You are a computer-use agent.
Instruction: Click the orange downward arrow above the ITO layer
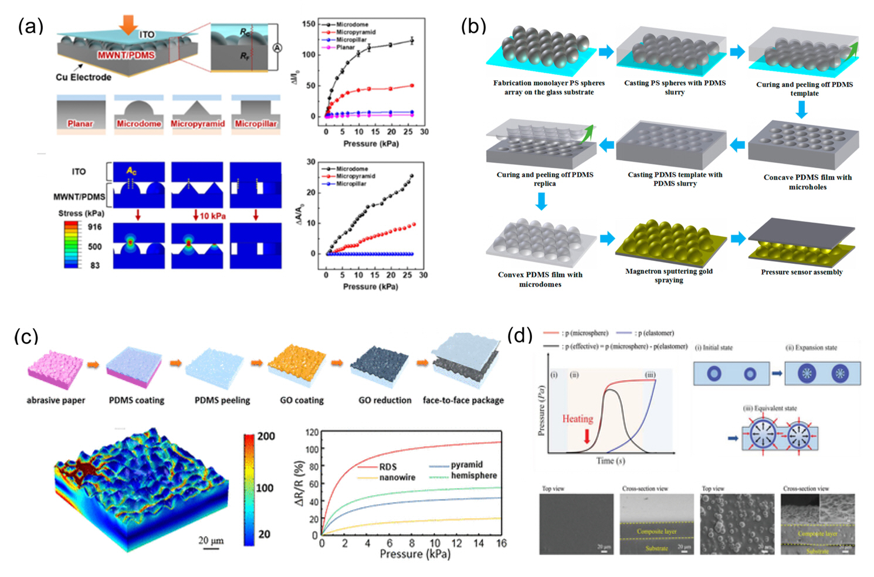(x=128, y=25)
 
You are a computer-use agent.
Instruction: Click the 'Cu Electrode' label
(x=83, y=77)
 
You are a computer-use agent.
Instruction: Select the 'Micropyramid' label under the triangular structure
(x=198, y=124)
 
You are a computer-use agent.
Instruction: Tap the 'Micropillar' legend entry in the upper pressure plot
(x=351, y=40)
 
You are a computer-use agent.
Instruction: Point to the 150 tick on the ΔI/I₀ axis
(x=309, y=24)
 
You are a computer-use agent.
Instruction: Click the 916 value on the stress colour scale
(x=94, y=227)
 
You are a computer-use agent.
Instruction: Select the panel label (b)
(x=473, y=26)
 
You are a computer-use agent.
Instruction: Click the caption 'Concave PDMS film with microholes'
(x=807, y=182)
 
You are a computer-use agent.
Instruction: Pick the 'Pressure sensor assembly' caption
(x=801, y=272)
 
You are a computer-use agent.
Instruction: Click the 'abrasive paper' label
(x=56, y=400)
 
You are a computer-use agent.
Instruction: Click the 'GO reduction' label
(x=385, y=400)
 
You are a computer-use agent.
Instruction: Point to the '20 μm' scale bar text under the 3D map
(x=211, y=540)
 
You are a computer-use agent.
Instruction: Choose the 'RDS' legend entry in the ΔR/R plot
(x=388, y=467)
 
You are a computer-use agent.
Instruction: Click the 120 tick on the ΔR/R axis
(x=312, y=433)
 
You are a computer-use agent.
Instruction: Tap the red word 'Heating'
(x=577, y=419)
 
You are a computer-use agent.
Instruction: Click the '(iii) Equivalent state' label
(x=770, y=408)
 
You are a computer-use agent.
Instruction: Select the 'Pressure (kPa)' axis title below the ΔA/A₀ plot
(x=370, y=287)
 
